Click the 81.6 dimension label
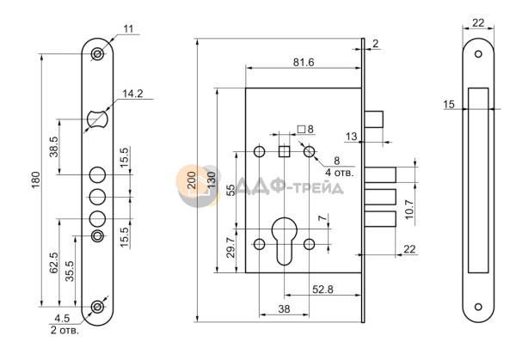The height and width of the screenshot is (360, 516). pos(304,62)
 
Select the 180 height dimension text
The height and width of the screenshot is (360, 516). pos(35,180)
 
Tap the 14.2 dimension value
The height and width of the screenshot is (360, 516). pos(132,94)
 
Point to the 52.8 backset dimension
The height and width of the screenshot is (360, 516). pos(322,290)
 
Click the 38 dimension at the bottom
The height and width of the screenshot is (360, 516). pos(284,309)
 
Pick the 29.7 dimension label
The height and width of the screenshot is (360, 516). pos(231,247)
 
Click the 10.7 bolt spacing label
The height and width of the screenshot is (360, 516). pos(408,209)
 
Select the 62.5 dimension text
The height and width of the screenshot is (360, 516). pos(53,263)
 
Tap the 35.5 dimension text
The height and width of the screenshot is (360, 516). pos(70,271)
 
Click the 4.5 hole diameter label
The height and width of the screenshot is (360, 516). pos(62,318)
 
